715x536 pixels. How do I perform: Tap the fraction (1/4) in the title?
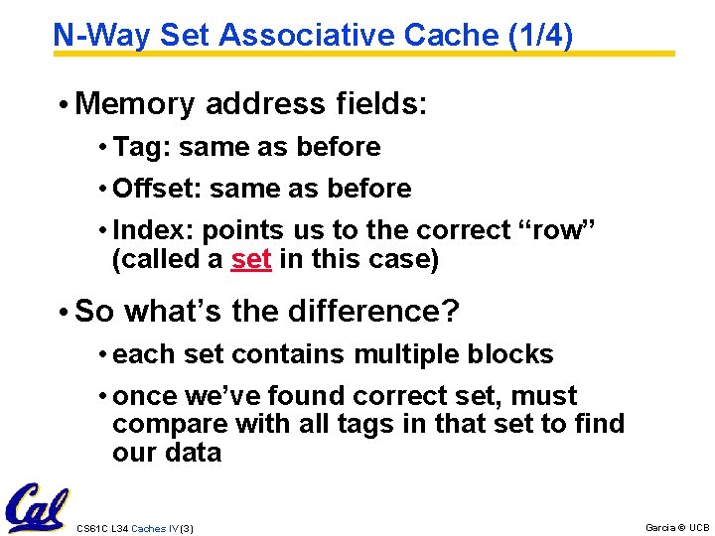click(539, 36)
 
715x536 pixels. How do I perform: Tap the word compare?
click(170, 424)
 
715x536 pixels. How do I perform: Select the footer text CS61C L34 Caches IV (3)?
click(135, 528)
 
